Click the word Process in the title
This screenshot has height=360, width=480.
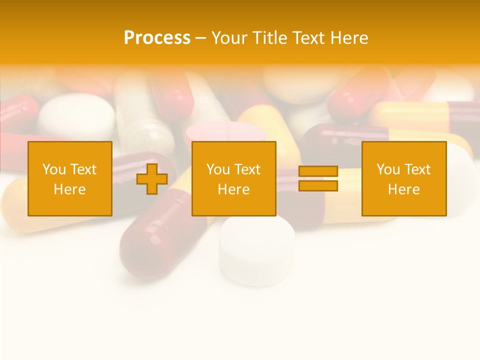157,38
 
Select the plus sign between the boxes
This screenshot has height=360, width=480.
152,178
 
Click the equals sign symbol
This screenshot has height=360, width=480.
318,178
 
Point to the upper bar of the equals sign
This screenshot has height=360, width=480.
318,171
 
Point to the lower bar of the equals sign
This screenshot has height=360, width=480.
318,186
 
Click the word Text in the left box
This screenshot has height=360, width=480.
83,169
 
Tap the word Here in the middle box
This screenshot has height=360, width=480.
233,189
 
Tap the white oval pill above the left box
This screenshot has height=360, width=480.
76,116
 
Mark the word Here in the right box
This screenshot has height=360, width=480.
404,189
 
